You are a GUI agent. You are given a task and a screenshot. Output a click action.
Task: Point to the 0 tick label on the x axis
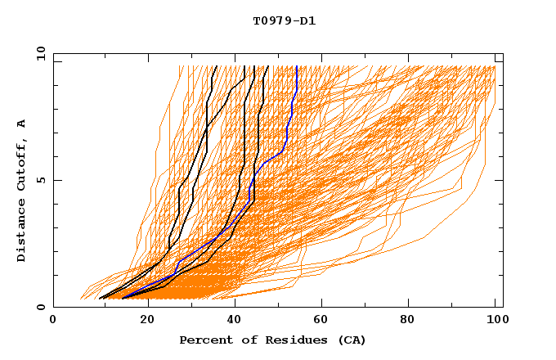(x=53, y=321)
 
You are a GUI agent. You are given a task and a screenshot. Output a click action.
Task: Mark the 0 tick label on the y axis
(x=41, y=307)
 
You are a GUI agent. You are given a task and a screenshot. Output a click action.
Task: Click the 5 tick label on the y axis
(x=41, y=180)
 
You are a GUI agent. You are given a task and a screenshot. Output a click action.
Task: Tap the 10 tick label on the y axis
(x=38, y=53)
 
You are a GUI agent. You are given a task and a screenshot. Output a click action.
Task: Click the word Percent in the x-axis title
(x=203, y=340)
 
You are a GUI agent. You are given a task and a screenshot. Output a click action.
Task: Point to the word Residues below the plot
(x=286, y=340)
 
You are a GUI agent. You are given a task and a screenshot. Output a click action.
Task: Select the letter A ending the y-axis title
(x=22, y=124)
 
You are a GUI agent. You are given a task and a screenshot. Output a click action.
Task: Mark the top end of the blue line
(x=296, y=66)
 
